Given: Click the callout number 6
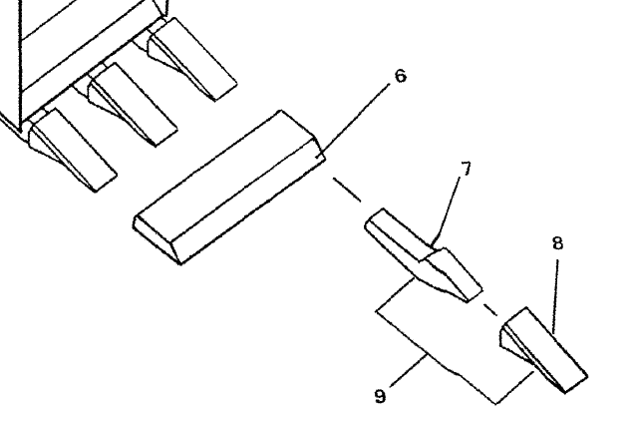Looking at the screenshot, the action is point(399,76).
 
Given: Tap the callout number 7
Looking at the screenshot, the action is point(465,171).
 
